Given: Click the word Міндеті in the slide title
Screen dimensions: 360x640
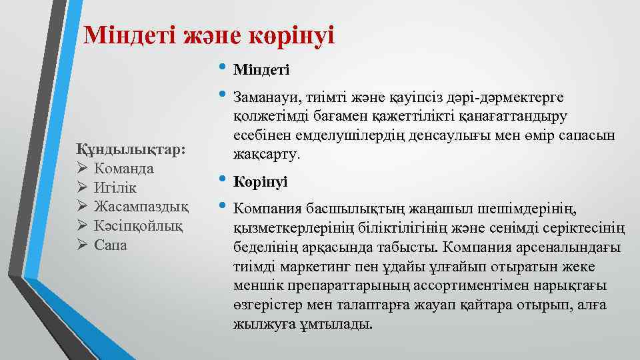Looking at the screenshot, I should pyautogui.click(x=131, y=35).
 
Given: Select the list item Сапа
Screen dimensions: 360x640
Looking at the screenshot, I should pyautogui.click(x=111, y=245).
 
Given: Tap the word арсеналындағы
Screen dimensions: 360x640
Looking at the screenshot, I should pyautogui.click(x=569, y=248).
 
